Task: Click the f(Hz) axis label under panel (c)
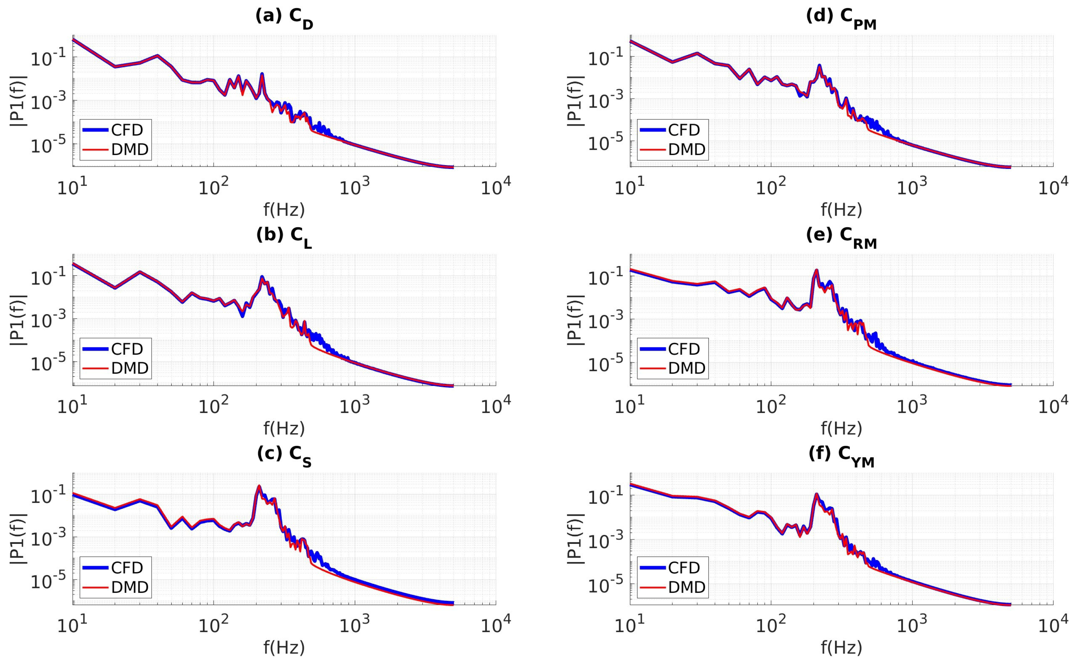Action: pos(284,648)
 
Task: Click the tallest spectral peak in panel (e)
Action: pos(816,270)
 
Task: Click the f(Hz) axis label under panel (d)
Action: pos(841,209)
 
